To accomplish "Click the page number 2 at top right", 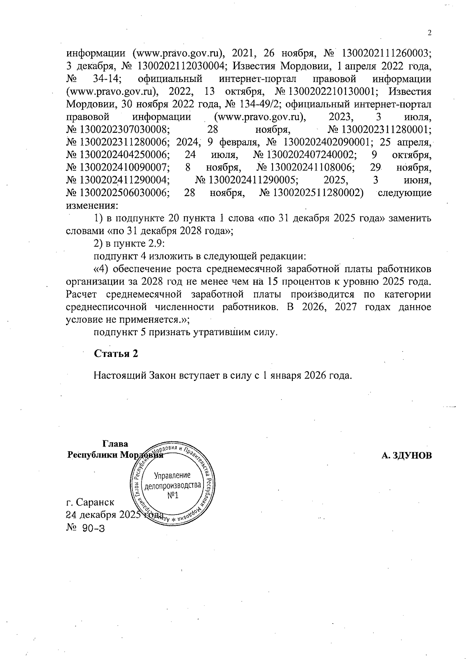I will [429, 33].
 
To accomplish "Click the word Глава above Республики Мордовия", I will [115, 444].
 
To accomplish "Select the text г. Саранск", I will [90, 502].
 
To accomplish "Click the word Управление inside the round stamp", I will [172, 475].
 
